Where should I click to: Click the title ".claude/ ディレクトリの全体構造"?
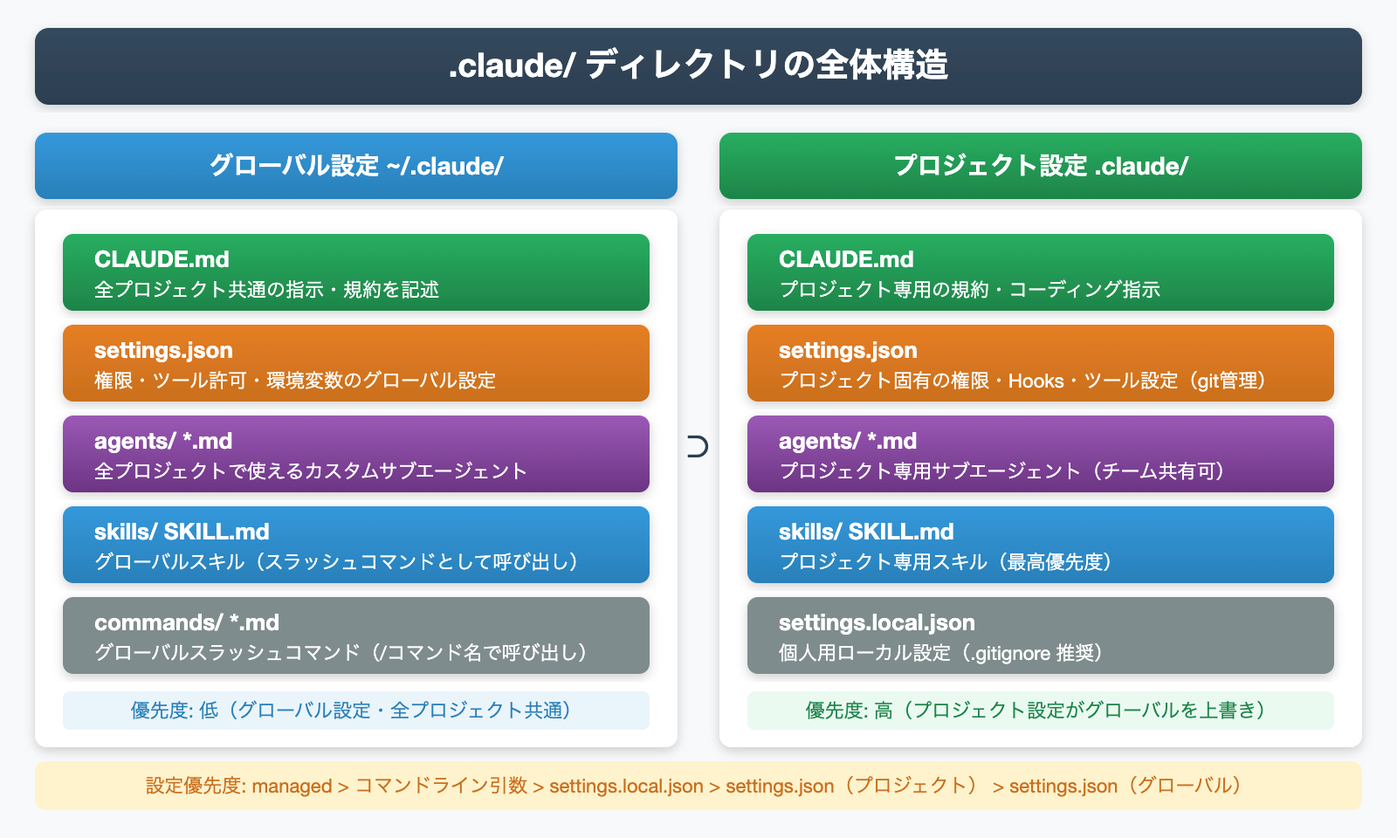pyautogui.click(x=698, y=66)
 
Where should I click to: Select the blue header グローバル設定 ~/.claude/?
pyautogui.click(x=356, y=166)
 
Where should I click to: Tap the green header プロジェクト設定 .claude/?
pyautogui.click(x=1041, y=166)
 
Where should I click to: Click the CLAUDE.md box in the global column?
pyautogui.click(x=356, y=272)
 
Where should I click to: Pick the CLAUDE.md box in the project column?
pyautogui.click(x=1041, y=272)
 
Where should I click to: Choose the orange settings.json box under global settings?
pyautogui.click(x=356, y=363)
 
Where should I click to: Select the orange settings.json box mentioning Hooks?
pyautogui.click(x=1041, y=363)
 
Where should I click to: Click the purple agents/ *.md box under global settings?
pyautogui.click(x=356, y=454)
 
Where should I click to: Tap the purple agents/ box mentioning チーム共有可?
pyautogui.click(x=1041, y=454)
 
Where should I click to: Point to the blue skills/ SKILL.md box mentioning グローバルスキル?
pyautogui.click(x=356, y=545)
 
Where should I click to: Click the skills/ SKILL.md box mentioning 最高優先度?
pyautogui.click(x=1041, y=545)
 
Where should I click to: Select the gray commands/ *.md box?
pyautogui.click(x=356, y=635)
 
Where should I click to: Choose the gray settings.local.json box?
pyautogui.click(x=1041, y=635)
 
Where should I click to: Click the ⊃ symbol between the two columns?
pyautogui.click(x=698, y=447)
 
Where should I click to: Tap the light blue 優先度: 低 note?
pyautogui.click(x=356, y=711)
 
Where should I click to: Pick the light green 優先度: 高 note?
pyautogui.click(x=1041, y=711)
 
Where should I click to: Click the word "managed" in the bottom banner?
pyautogui.click(x=292, y=786)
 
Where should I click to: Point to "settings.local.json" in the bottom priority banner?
pyautogui.click(x=626, y=786)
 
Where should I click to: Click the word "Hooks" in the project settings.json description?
pyautogui.click(x=1036, y=381)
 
